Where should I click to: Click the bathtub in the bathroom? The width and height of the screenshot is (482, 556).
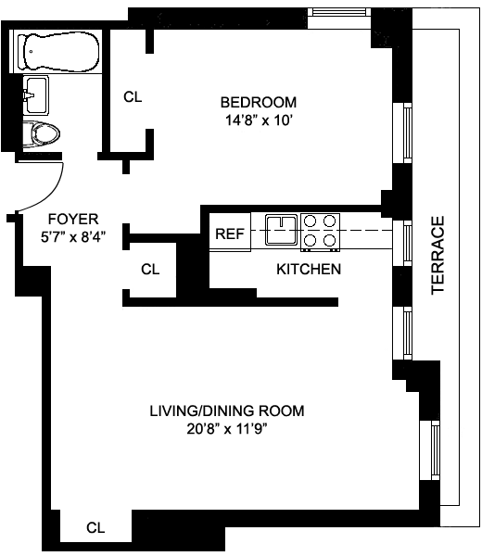point(60,52)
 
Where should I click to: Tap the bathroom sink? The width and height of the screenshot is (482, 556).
point(36,95)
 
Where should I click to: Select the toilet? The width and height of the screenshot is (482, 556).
point(41,134)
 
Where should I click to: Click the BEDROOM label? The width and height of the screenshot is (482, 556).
point(259,102)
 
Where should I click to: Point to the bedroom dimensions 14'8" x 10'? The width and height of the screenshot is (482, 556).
point(259,120)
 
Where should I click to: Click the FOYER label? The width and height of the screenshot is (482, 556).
point(73,219)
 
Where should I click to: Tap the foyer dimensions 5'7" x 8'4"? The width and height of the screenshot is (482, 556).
point(73,236)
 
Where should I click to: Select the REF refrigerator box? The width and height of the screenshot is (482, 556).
point(230,233)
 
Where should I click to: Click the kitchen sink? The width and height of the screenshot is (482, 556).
point(281,230)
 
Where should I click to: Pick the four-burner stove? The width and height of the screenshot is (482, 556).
point(321,232)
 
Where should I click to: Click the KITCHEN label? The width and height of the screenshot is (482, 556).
point(309,269)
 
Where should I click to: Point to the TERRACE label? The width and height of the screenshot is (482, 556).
point(438,256)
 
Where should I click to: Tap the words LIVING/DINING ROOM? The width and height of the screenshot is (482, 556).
point(227,411)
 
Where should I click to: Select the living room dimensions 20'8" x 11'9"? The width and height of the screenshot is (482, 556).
point(227,429)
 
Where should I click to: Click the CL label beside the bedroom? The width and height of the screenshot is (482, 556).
point(133,96)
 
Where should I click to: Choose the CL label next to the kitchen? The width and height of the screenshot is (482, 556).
point(150,269)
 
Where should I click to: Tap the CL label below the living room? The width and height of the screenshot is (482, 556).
point(95,527)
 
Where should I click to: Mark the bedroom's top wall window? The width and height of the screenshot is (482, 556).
point(338,12)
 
